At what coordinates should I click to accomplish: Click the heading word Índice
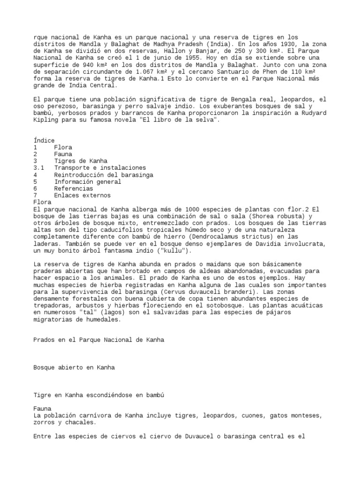pos(44,140)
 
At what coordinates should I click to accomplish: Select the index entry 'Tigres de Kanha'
pos(81,161)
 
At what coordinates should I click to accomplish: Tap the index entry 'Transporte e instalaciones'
pos(100,168)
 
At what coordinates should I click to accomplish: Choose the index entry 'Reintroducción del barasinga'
pos(104,174)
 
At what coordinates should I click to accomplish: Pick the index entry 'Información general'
pos(88,181)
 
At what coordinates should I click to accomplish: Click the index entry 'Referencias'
pos(74,188)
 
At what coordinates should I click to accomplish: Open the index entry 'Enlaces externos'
pos(82,195)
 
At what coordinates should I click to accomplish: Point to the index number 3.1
pos(39,168)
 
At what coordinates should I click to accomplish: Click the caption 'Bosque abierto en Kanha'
pos(74,367)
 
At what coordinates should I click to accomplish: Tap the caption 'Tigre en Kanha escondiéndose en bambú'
pos(99,395)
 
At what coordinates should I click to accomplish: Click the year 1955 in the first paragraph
pos(180,58)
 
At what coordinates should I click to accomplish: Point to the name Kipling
pos(46,120)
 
